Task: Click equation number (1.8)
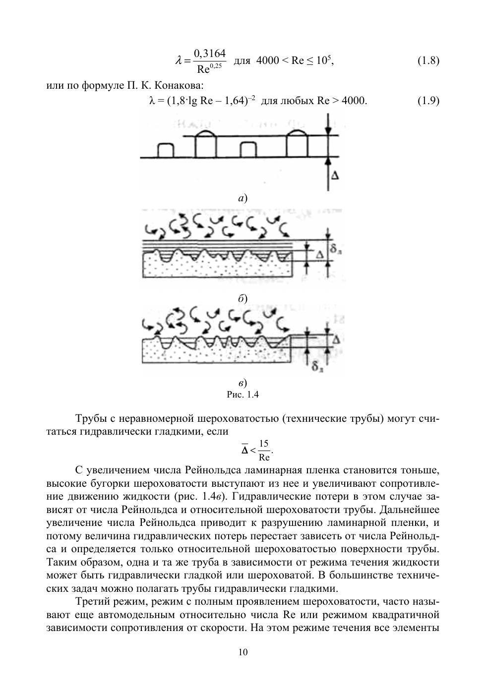coord(428,61)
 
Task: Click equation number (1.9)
coord(428,101)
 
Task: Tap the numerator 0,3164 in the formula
coord(210,53)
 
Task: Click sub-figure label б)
coord(243,298)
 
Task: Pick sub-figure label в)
coord(243,383)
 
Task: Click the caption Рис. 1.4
coord(243,395)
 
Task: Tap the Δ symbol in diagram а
coord(335,175)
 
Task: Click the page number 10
coord(243,652)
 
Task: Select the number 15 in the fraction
coord(264,444)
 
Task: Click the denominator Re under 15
coord(264,457)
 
